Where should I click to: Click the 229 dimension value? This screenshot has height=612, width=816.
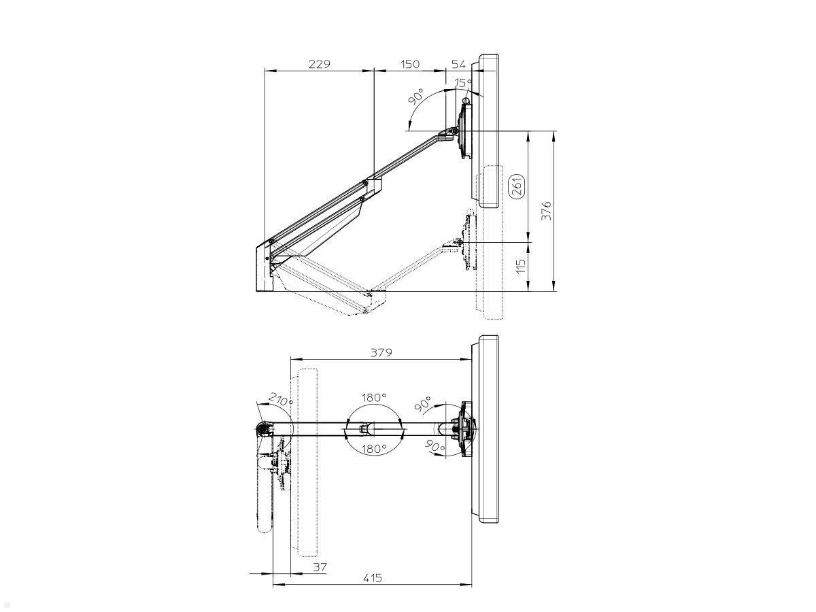(319, 64)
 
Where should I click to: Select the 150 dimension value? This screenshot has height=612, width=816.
(409, 64)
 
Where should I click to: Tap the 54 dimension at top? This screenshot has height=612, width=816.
(459, 64)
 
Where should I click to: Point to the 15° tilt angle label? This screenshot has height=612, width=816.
(463, 83)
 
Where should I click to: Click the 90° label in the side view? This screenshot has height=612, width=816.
(416, 96)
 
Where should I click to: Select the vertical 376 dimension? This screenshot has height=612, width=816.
(547, 211)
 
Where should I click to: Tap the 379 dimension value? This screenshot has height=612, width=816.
(381, 353)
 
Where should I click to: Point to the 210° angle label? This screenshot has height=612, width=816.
(280, 399)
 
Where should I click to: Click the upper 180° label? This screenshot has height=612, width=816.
(373, 397)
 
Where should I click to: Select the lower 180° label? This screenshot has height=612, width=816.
(373, 449)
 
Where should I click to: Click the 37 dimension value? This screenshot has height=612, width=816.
(320, 566)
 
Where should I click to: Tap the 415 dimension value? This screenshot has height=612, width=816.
(372, 578)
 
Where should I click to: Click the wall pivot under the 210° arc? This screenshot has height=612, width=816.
(261, 429)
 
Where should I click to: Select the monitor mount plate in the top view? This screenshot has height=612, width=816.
(466, 429)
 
